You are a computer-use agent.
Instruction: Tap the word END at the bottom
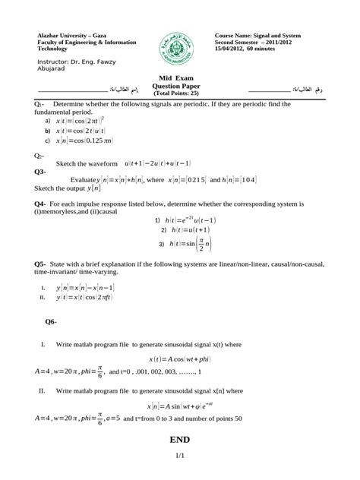[180, 440]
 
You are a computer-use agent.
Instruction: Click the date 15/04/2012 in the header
[237, 49]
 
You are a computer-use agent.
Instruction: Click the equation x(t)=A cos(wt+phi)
[181, 358]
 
